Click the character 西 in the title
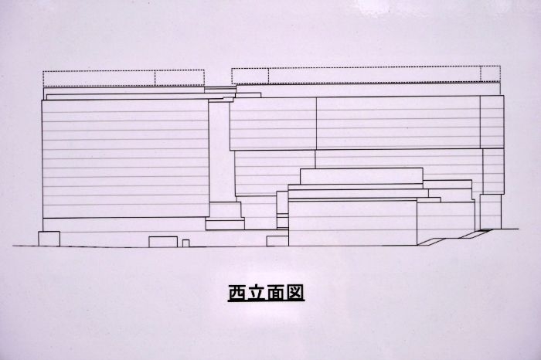pos(238,293)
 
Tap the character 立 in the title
pos(257,293)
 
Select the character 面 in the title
pos(275,293)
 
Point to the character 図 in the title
pos(294,293)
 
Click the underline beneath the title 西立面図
pos(266,301)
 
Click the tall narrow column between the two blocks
pos(219,151)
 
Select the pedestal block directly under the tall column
pos(226,210)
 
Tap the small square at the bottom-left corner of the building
pos(49,239)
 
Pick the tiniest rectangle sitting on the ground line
pos(185,243)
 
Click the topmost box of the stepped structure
pos(362,176)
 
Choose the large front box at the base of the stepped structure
pos(352,222)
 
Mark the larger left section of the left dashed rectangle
pos(99,78)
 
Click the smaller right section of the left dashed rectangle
pos(179,78)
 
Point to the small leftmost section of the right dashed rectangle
pos(250,76)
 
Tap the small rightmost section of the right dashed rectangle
pos(490,74)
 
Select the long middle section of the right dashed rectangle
pos(374,75)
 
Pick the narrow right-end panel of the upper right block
pos(492,122)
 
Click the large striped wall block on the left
pos(125,158)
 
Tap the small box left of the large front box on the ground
pos(277,241)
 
